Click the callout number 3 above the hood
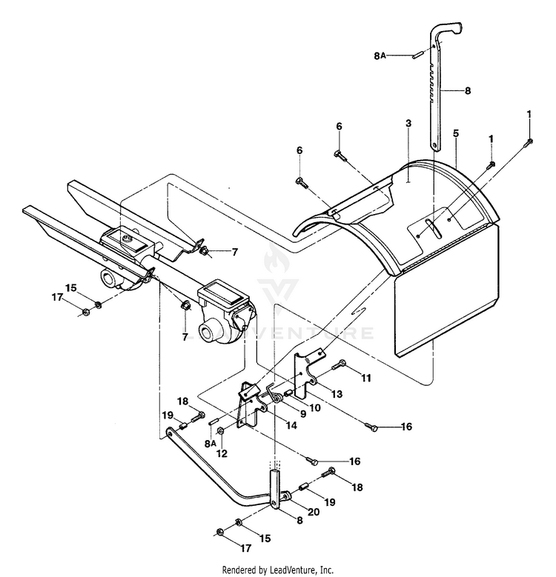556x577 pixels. point(408,123)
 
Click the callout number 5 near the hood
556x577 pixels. point(456,133)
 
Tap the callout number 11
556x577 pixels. point(366,378)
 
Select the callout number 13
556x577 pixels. point(337,394)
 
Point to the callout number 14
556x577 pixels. point(291,425)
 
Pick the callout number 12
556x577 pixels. point(222,453)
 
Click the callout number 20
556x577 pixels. point(314,512)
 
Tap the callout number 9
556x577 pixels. point(302,414)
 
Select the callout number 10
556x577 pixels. point(315,407)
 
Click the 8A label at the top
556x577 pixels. point(380,56)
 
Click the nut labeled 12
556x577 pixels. point(220,430)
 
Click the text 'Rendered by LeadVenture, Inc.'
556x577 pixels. point(278,570)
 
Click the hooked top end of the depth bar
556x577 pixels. point(450,29)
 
